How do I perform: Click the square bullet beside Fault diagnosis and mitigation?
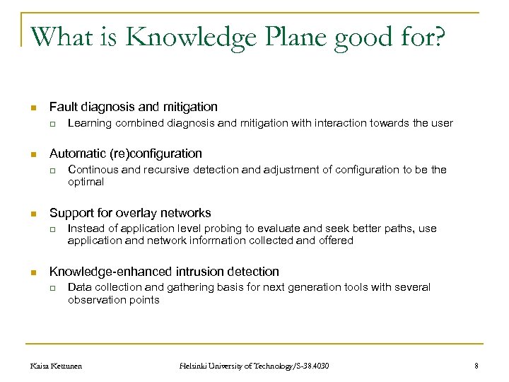(x=33, y=108)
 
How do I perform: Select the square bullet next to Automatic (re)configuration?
(x=33, y=154)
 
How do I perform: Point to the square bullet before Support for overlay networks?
(x=33, y=214)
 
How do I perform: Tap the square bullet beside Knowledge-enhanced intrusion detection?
(x=33, y=272)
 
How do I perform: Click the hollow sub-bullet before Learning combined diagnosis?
(x=52, y=124)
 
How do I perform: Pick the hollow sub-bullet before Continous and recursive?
(x=52, y=170)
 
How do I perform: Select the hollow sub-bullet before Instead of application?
(x=52, y=229)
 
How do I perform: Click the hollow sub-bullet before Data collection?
(x=52, y=287)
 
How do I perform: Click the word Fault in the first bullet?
(x=62, y=107)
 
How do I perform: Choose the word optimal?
(x=86, y=182)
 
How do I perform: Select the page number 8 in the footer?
(x=476, y=365)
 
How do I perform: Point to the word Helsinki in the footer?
(x=194, y=365)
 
